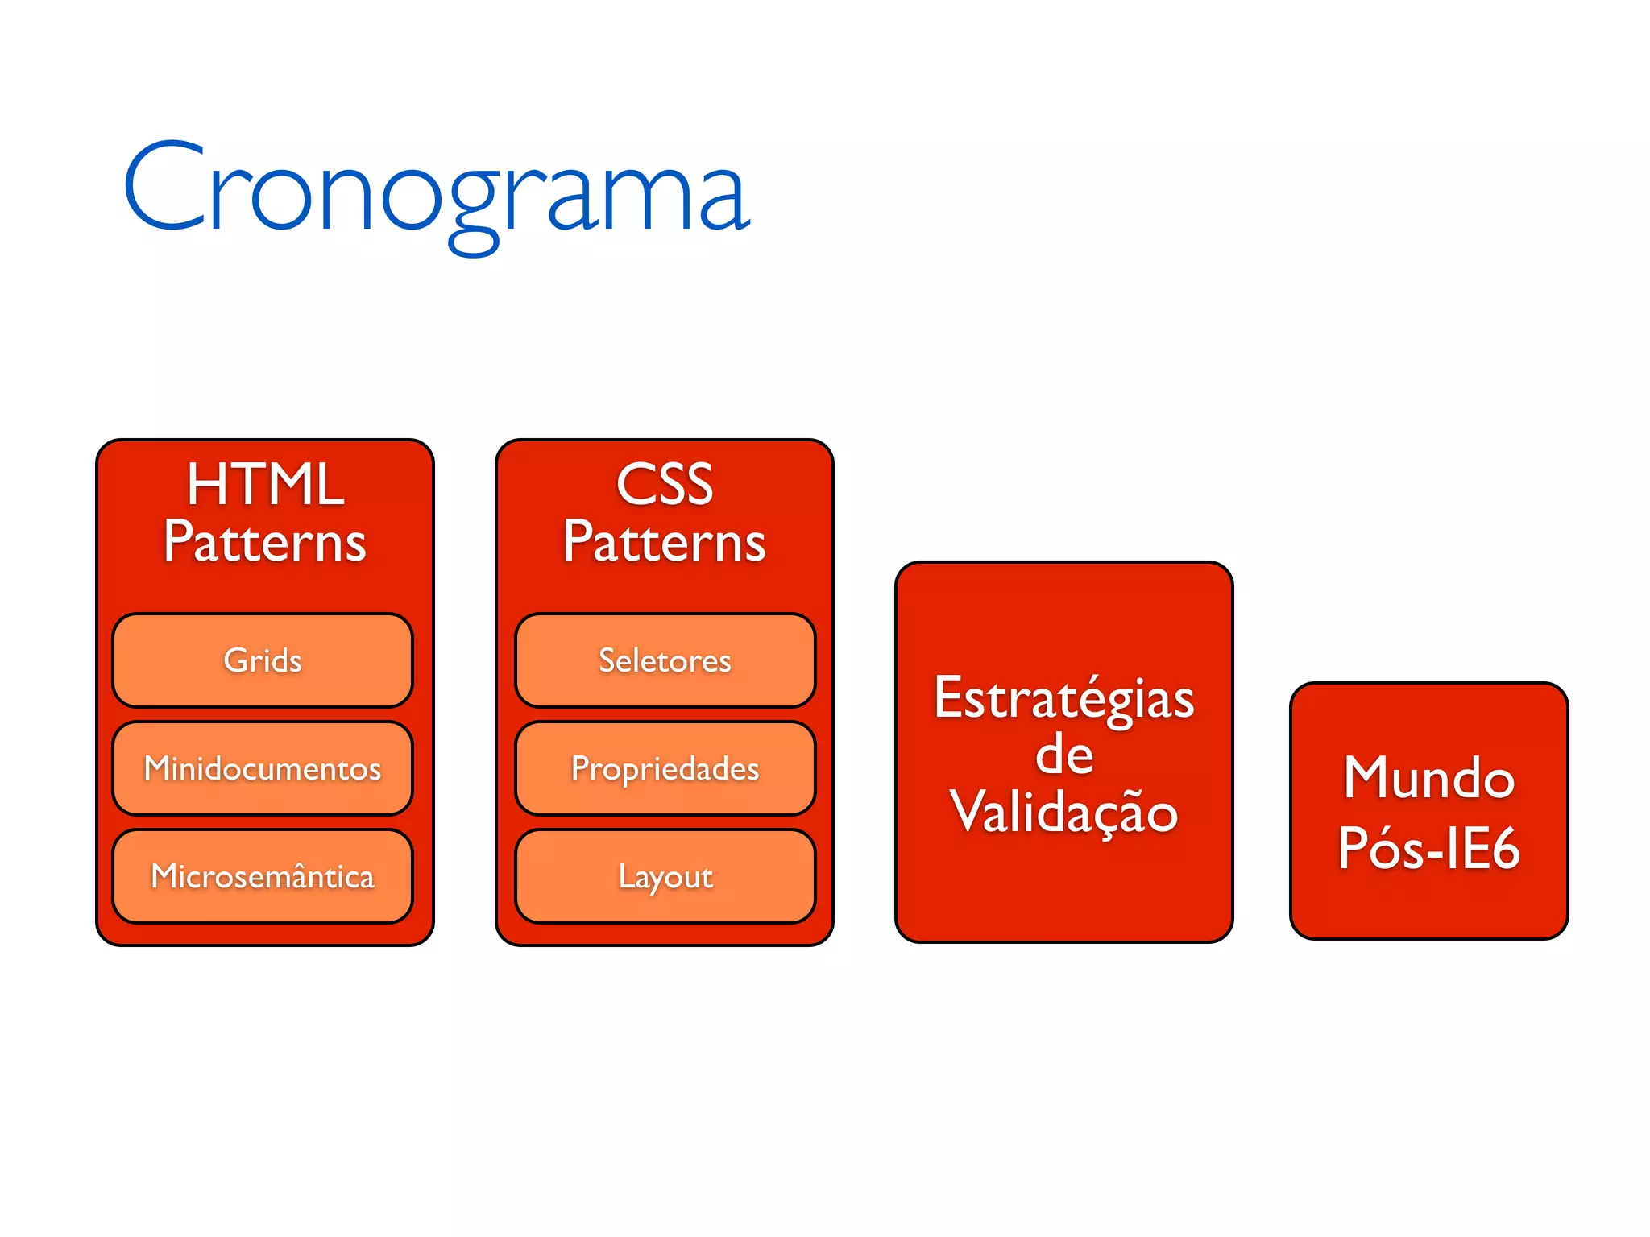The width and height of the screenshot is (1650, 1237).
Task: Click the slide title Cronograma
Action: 437,189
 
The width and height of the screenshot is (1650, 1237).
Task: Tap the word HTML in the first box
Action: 265,485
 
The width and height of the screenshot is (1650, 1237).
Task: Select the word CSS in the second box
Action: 665,485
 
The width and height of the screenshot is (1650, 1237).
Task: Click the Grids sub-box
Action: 263,660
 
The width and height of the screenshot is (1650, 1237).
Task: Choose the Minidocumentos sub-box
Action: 263,768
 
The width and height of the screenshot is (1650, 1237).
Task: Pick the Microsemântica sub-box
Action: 263,876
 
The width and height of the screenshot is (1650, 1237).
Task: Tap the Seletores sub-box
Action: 665,660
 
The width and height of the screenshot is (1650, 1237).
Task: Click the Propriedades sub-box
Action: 665,768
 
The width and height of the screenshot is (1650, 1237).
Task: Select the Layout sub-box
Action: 665,876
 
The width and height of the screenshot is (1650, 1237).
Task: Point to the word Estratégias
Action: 1063,699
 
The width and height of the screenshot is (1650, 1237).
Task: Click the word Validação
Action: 1063,812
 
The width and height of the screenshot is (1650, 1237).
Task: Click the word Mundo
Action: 1428,779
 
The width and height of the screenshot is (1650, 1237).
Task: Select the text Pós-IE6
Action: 1428,848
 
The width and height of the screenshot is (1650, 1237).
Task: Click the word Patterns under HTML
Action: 265,542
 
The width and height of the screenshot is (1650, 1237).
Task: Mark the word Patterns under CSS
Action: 665,542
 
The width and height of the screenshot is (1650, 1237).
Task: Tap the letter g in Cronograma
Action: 473,208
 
